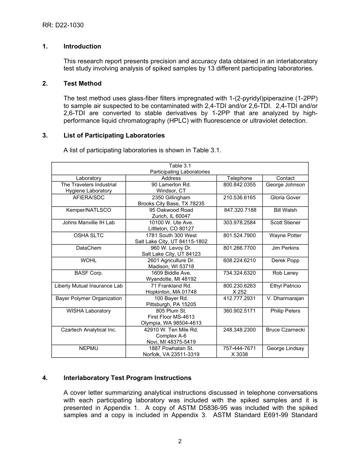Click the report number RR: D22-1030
[63, 25]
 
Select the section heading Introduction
[82, 47]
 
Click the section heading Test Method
[82, 84]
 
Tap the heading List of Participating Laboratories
[114, 136]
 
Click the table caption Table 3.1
[180, 166]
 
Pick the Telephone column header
[239, 178]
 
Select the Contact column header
[285, 178]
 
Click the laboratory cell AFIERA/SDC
[89, 198]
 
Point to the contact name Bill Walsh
[285, 210]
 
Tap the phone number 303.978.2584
[239, 223]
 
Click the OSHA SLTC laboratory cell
[89, 236]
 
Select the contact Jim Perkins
[285, 248]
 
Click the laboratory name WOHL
[89, 261]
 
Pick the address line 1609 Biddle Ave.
[171, 273]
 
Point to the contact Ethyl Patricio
[285, 286]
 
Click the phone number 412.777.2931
[239, 299]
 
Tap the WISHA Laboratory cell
[89, 311]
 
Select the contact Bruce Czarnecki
[285, 330]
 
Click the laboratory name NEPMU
[89, 349]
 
